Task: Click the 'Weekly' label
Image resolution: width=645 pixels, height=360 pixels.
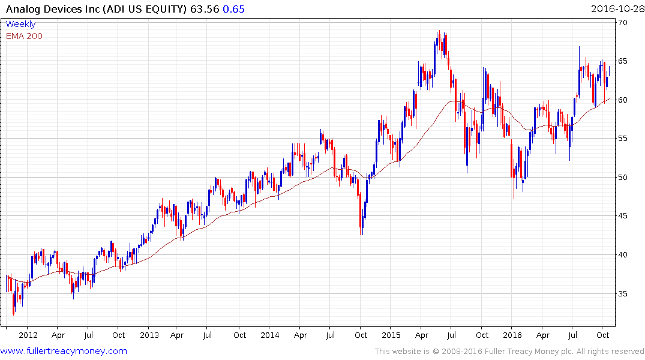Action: (20, 24)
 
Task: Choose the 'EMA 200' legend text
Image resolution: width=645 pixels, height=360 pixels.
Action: (24, 35)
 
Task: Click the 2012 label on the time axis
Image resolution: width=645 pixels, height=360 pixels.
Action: (28, 335)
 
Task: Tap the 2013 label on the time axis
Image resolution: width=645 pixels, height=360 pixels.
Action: (149, 335)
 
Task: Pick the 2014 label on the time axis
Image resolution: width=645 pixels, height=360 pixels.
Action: (270, 335)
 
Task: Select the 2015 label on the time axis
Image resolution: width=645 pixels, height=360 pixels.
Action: (391, 335)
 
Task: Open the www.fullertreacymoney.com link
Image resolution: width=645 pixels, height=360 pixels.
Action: (64, 351)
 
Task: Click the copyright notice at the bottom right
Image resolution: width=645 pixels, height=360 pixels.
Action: (509, 351)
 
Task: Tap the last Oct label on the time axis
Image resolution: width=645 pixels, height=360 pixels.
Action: (603, 335)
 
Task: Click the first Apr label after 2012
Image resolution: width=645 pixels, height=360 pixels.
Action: (58, 335)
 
